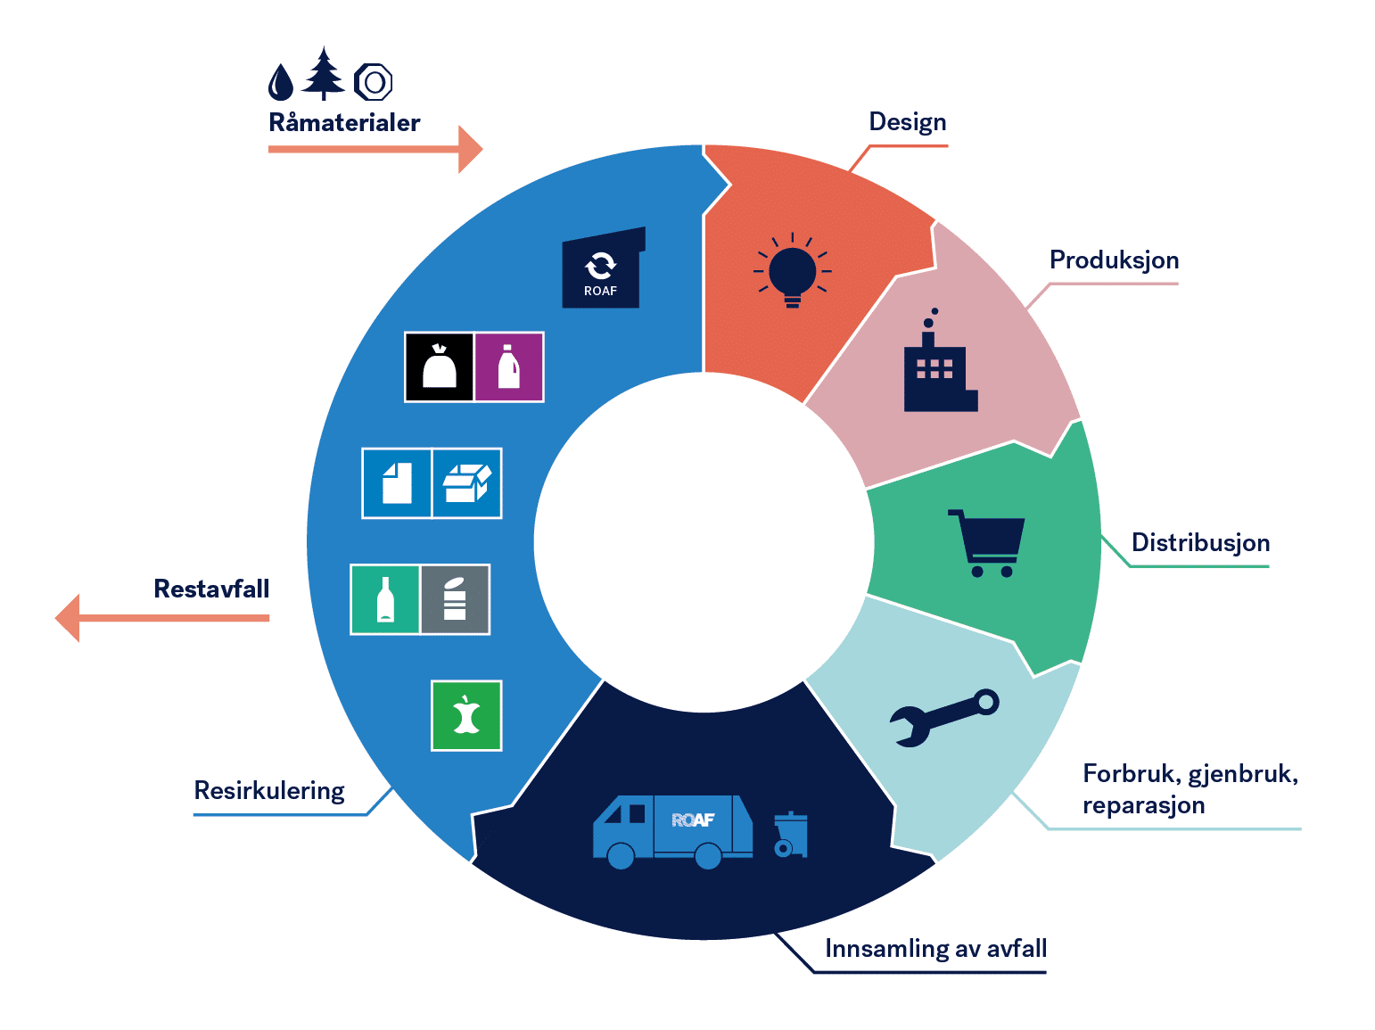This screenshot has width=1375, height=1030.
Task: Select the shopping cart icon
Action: (988, 543)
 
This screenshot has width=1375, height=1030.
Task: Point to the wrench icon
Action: (944, 716)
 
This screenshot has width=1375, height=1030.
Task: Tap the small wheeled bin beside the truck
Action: (790, 835)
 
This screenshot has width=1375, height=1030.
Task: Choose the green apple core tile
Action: (466, 716)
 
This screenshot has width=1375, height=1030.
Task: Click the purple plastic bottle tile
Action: (509, 367)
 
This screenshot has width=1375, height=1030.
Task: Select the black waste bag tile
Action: (440, 367)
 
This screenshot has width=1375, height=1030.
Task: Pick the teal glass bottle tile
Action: (385, 599)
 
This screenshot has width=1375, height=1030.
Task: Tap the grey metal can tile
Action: (455, 599)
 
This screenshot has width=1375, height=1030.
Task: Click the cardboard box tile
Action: (467, 483)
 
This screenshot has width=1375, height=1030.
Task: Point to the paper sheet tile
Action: (397, 483)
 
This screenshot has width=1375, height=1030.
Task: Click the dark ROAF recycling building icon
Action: (602, 269)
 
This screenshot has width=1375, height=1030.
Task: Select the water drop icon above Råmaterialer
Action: (281, 82)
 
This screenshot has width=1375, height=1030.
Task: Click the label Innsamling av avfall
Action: (935, 948)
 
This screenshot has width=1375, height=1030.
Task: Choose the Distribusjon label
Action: (1200, 542)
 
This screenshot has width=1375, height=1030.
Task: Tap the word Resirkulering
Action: (269, 790)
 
